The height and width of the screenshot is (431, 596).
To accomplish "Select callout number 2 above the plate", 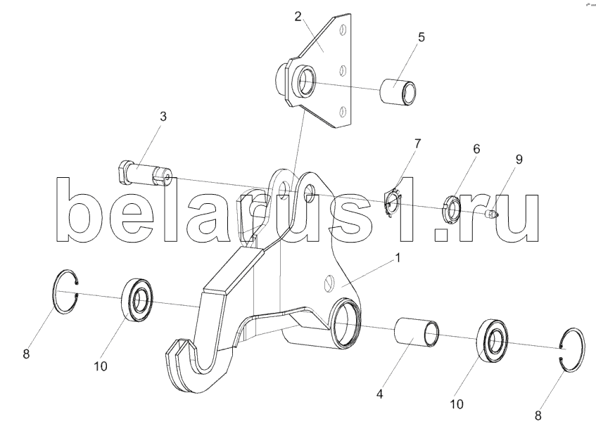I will [298, 16].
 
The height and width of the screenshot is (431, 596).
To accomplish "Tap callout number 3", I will [163, 117].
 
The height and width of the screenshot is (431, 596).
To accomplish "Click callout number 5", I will [421, 37].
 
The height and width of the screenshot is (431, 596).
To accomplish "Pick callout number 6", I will [476, 149].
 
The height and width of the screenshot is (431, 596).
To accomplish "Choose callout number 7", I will [417, 143].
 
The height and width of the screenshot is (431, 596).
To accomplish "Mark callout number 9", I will [519, 160].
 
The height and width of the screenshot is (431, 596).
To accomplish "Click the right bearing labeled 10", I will [494, 340].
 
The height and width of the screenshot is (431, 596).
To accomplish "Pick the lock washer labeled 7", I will [393, 199].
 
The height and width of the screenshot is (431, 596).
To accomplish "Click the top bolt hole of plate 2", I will [343, 31].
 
